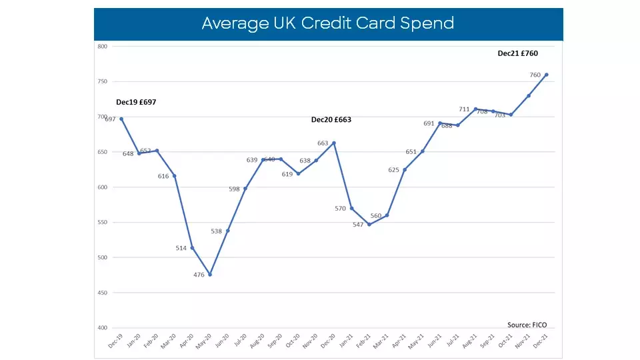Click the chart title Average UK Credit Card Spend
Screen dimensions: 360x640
coord(327,23)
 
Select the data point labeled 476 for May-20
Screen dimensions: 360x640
coord(210,274)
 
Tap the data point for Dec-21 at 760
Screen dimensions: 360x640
coord(547,75)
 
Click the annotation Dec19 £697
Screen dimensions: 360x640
coord(136,102)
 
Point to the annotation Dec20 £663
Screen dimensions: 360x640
coord(331,120)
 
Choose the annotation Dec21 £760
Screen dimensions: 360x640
coord(517,53)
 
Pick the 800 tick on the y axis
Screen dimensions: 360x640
coord(102,47)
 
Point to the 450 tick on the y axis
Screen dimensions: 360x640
coord(102,293)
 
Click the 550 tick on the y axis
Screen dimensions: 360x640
coord(102,223)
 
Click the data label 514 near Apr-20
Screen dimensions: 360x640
coord(181,248)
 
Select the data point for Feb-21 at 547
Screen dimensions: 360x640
coord(369,224)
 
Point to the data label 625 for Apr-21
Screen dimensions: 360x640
coord(393,170)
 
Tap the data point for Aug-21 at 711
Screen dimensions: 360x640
coord(475,109)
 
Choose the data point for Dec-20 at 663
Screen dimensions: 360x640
coord(334,143)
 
